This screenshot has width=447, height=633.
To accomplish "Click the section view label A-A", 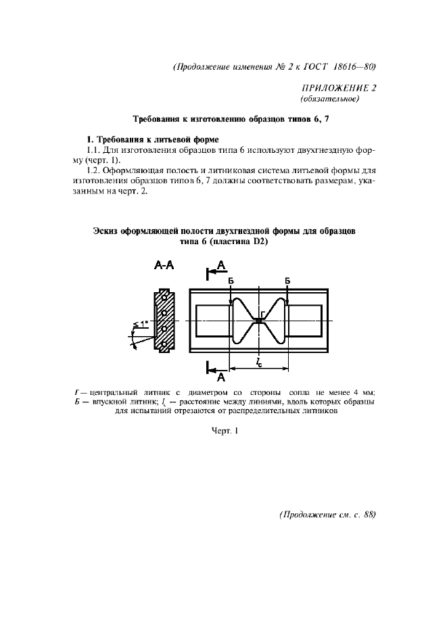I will click(x=164, y=266).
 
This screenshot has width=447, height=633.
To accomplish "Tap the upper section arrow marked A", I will click(x=218, y=271).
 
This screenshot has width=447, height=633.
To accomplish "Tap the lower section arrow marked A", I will click(x=218, y=371).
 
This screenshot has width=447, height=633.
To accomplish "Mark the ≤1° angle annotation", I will click(x=140, y=324).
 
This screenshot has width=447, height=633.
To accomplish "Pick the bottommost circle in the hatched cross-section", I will click(x=163, y=344).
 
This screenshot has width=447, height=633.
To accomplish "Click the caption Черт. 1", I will click(x=225, y=430).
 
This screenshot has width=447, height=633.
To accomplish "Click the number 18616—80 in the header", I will click(x=350, y=66).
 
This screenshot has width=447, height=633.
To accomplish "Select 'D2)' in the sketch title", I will click(x=261, y=243).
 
